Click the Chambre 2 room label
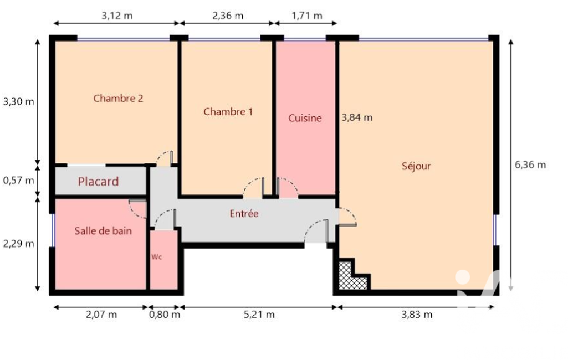pyautogui.click(x=118, y=98)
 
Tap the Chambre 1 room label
pyautogui.click(x=228, y=111)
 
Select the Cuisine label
pyautogui.click(x=305, y=118)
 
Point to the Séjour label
pyautogui.click(x=416, y=166)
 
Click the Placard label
pyautogui.click(x=98, y=181)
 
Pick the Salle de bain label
pyautogui.click(x=103, y=231)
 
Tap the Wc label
pyautogui.click(x=156, y=257)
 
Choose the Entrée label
pyautogui.click(x=244, y=213)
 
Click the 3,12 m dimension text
pyautogui.click(x=116, y=16)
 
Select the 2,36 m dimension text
pyautogui.click(x=228, y=16)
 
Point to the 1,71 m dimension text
pyautogui.click(x=307, y=16)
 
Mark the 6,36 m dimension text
pyautogui.click(x=530, y=165)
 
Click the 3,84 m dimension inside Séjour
pyautogui.click(x=357, y=117)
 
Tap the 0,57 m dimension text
pyautogui.click(x=18, y=180)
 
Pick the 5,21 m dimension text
pyautogui.click(x=259, y=315)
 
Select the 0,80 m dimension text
pyautogui.click(x=165, y=315)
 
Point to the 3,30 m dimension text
pyautogui.click(x=18, y=101)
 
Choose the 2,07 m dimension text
pyautogui.click(x=101, y=315)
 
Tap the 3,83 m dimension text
pyautogui.click(x=417, y=315)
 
